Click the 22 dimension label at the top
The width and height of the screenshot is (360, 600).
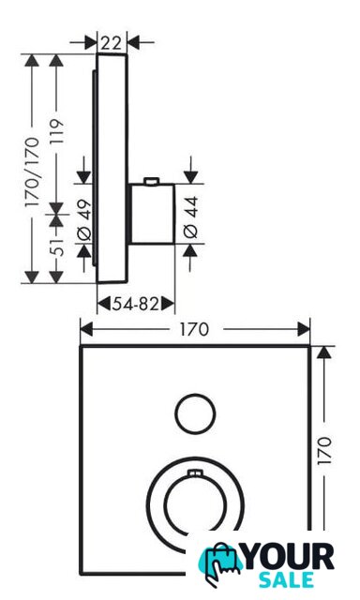pos(111,43)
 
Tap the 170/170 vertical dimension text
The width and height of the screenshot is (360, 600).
pos(32,172)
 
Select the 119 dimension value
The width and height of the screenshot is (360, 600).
pos(56,131)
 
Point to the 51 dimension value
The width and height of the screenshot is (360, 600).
pos(56,246)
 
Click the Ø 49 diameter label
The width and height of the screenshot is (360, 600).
pos(84,220)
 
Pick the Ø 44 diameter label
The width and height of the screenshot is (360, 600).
pos(190,217)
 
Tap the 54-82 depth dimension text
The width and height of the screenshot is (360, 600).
pos(135,304)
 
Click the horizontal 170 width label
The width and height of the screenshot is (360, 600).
pos(194,329)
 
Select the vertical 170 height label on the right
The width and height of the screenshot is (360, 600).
pos(324,450)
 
